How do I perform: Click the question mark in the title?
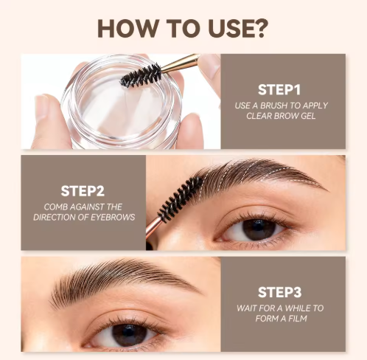pyautogui.click(x=259, y=28)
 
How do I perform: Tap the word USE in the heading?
pyautogui.click(x=229, y=28)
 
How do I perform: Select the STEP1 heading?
pyautogui.click(x=279, y=90)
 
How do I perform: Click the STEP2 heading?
pyautogui.click(x=83, y=191)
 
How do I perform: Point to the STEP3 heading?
pyautogui.click(x=279, y=292)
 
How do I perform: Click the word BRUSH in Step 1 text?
pyautogui.click(x=273, y=105)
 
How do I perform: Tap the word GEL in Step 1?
pyautogui.click(x=308, y=116)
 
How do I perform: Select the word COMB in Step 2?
pyautogui.click(x=56, y=207)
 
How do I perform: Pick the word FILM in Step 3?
pyautogui.click(x=298, y=319)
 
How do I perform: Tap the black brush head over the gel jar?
pyautogui.click(x=141, y=75)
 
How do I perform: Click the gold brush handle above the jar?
pyautogui.click(x=180, y=63)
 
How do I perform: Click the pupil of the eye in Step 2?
pyautogui.click(x=258, y=229)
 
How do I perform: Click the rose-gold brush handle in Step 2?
pyautogui.click(x=153, y=231)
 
